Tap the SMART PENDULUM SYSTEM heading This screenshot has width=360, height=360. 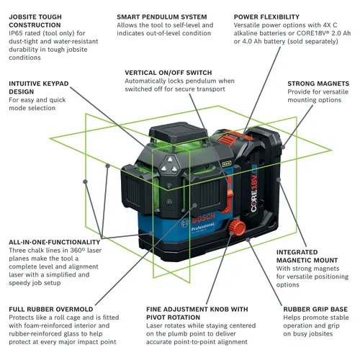click(x=162, y=15)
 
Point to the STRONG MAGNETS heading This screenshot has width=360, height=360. click(x=318, y=84)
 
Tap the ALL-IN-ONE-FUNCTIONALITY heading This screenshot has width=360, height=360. click(x=55, y=242)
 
